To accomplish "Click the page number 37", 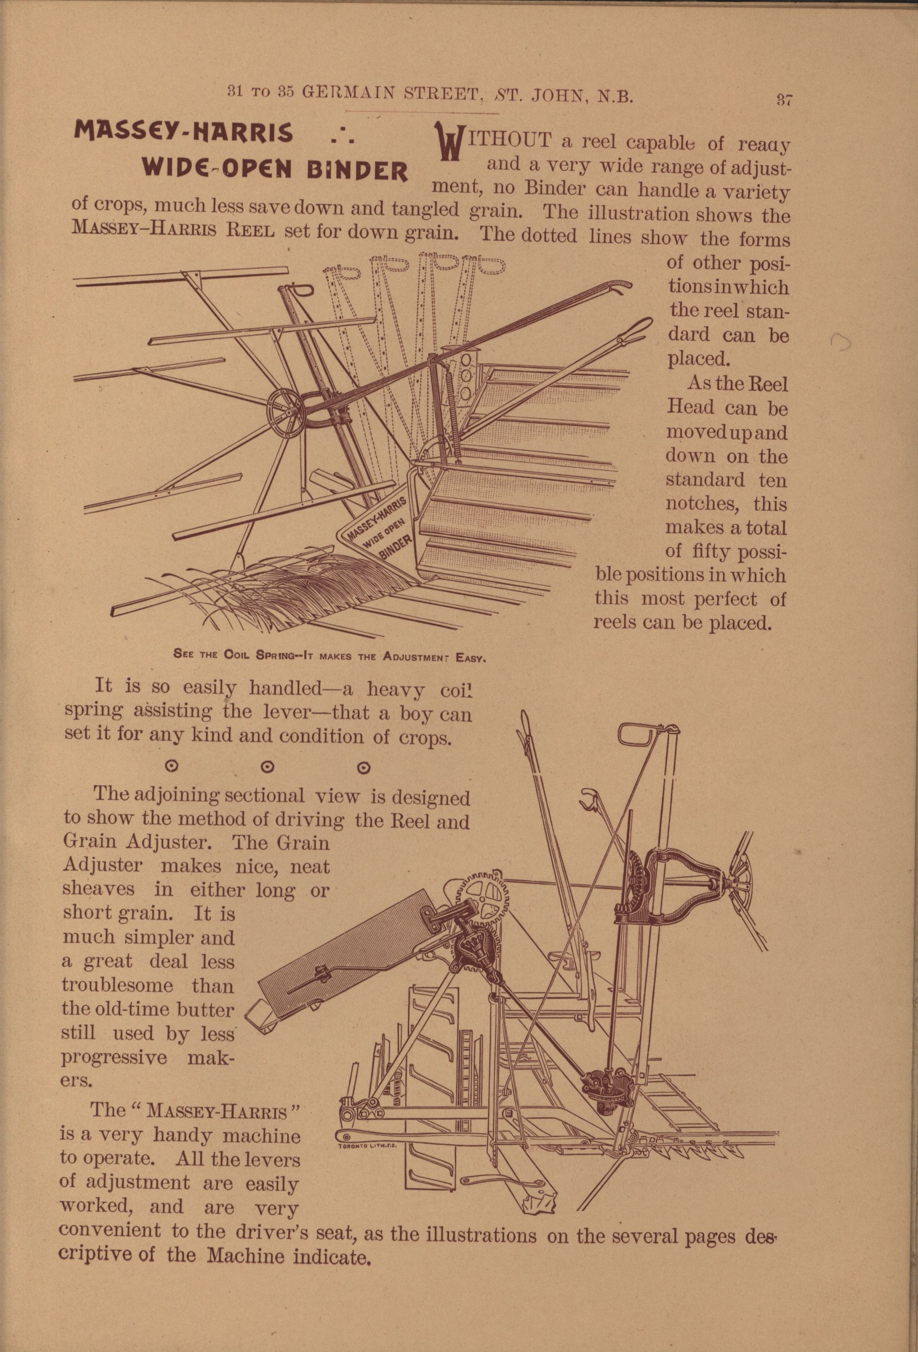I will pos(784,100).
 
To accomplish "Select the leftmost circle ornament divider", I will pos(170,767).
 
